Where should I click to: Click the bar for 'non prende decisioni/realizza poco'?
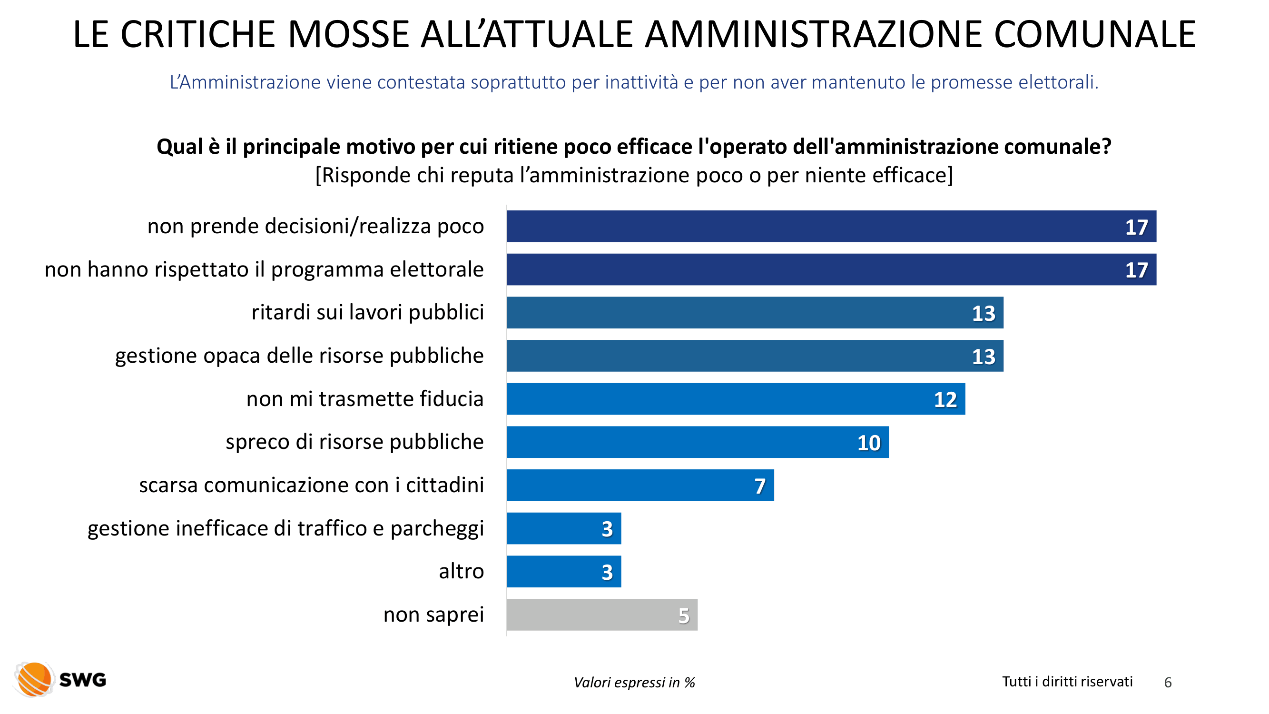tap(831, 226)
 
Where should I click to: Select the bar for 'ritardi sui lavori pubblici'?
tap(755, 312)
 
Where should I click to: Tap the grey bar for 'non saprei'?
tap(601, 615)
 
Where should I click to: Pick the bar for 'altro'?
tap(563, 572)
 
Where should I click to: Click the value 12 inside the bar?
tap(945, 399)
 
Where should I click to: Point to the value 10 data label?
tap(868, 443)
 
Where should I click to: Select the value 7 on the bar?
tap(759, 486)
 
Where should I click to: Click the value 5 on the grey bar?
tap(683, 615)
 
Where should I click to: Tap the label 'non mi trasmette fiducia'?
tap(364, 398)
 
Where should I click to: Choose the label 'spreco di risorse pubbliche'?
tap(354, 442)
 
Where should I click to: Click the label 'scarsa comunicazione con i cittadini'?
tap(311, 485)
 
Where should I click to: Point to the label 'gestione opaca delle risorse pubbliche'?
tap(299, 355)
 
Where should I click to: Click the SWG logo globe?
tap(33, 680)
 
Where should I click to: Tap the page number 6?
tap(1167, 682)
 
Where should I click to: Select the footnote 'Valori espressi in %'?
tap(634, 683)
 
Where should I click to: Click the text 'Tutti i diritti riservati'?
tap(1067, 682)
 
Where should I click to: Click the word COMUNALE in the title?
tap(1094, 34)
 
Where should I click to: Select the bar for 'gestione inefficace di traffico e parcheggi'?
tap(563, 528)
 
